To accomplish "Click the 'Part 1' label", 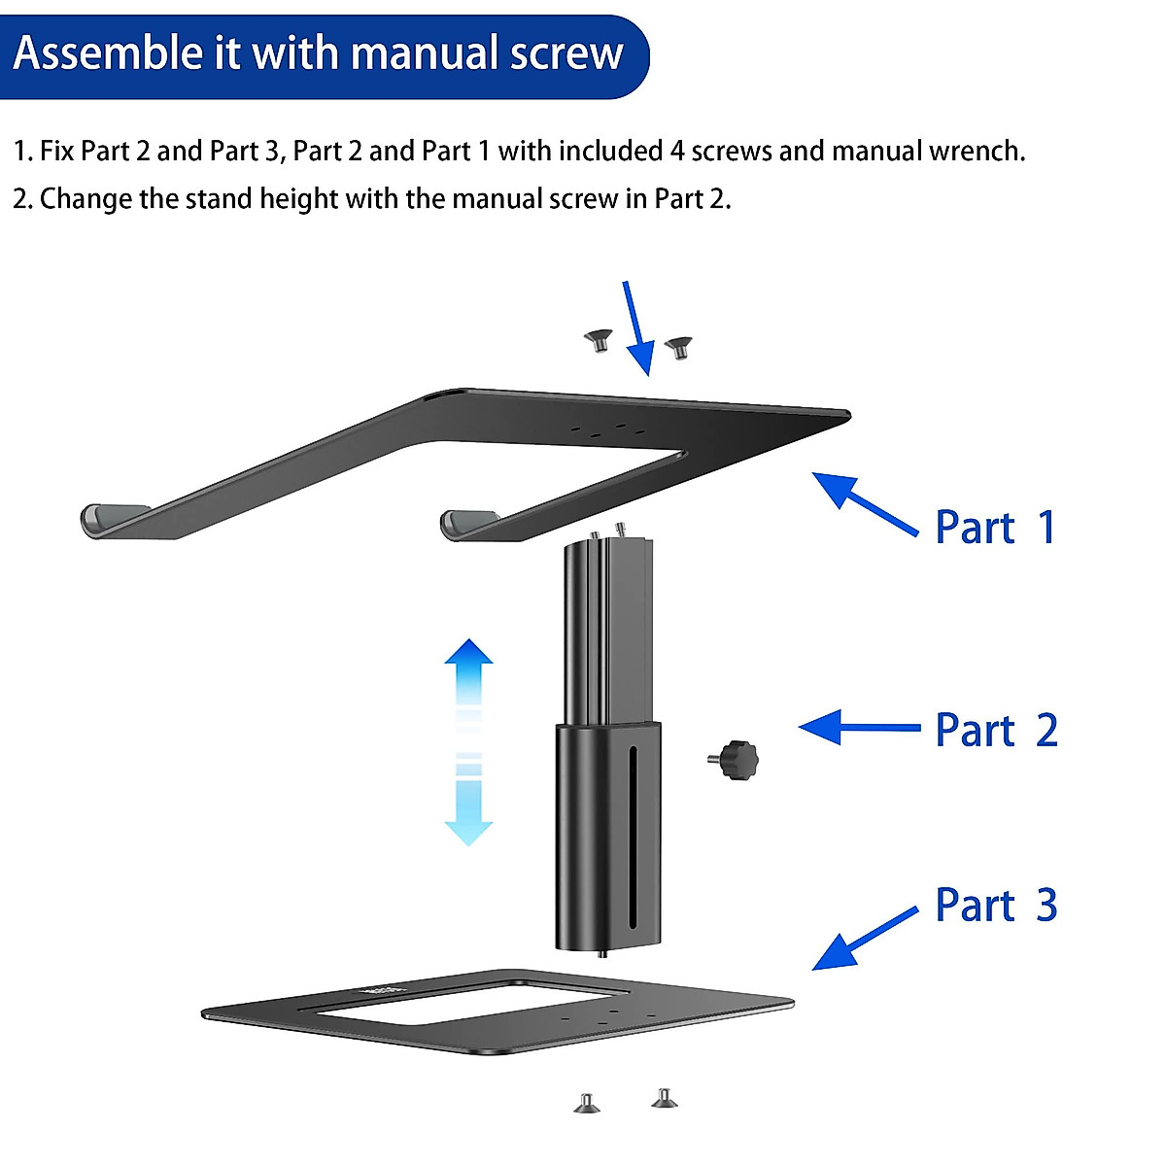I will (x=995, y=528).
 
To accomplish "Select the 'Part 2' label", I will (x=996, y=731).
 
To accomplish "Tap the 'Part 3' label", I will (x=996, y=906).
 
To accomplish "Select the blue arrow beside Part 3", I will (x=863, y=939).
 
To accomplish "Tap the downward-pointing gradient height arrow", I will (x=468, y=806).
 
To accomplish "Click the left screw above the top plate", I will (x=598, y=340).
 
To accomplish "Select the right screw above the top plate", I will (x=677, y=346).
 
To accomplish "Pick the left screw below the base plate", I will (x=586, y=1103).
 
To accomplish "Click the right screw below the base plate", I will (x=665, y=1098).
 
